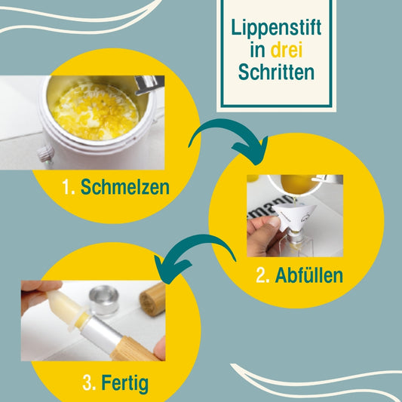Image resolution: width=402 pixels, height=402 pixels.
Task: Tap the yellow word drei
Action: tap(287, 50)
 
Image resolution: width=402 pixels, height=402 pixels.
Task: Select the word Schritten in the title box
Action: tap(276, 72)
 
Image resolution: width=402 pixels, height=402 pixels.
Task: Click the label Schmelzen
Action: tap(125, 187)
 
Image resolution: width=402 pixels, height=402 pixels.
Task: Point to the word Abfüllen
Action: tap(309, 275)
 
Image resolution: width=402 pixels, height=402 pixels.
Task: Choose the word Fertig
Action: tap(125, 384)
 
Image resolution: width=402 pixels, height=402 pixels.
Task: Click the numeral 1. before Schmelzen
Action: tap(69, 187)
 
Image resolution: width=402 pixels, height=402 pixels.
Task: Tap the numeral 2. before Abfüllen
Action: tap(262, 275)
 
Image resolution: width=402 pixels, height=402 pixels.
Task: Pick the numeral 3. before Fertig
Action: tap(89, 383)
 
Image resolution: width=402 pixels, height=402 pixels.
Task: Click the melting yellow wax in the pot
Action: tap(95, 112)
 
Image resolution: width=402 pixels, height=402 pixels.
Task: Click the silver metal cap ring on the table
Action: tap(103, 299)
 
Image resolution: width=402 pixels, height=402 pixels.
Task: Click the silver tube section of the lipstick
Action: tap(103, 331)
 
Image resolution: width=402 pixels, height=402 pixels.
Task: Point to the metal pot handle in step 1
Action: tap(149, 84)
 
